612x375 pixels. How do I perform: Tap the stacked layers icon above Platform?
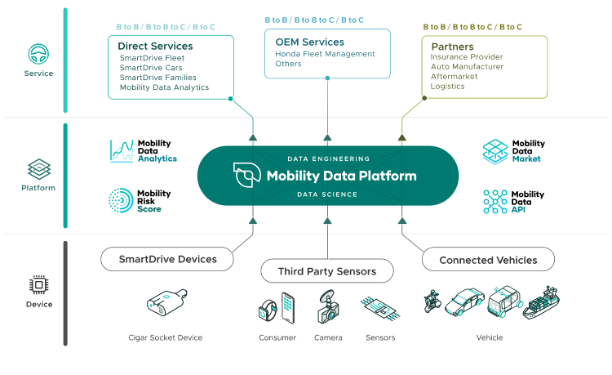click(38, 169)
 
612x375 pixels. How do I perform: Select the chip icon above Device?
click(38, 284)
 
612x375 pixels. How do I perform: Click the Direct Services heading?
click(155, 46)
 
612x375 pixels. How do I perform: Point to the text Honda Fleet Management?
click(325, 54)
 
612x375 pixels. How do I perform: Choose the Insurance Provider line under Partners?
click(467, 57)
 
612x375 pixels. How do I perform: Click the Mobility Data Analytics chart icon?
click(122, 151)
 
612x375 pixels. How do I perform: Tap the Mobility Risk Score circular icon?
click(122, 201)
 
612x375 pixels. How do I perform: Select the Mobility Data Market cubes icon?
click(494, 151)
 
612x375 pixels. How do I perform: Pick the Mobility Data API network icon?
click(494, 201)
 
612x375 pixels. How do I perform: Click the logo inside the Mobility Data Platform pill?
click(246, 176)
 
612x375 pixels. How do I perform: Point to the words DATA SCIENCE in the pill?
click(328, 194)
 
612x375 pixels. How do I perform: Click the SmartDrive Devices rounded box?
click(168, 260)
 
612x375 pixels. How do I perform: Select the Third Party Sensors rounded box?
click(326, 270)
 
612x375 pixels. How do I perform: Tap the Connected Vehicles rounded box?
click(488, 260)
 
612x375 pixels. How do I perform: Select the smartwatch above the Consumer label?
click(268, 310)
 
